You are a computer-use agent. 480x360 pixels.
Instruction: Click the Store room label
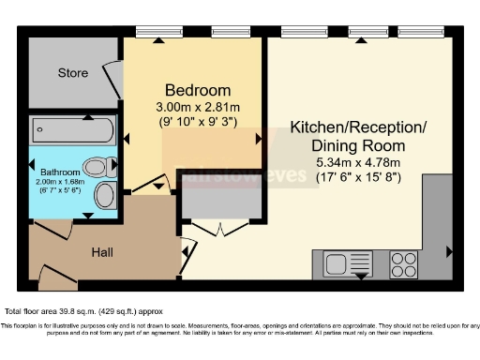pos(73,72)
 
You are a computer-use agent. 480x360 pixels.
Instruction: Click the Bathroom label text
pos(58,172)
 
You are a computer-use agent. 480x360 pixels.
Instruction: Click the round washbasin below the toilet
pos(105,196)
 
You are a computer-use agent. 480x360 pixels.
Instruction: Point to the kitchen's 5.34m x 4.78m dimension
pos(346,161)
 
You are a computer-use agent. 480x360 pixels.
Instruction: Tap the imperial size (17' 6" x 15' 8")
pos(346,175)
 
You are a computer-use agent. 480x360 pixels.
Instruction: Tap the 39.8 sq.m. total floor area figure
pos(91,310)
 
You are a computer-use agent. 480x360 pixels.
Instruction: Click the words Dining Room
pos(346,145)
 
